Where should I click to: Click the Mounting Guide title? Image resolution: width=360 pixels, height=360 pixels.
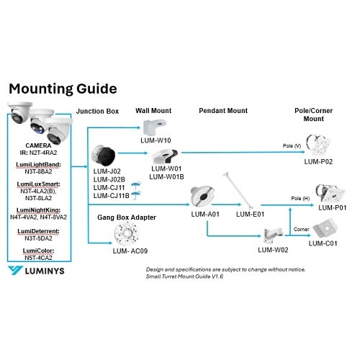point(63,89)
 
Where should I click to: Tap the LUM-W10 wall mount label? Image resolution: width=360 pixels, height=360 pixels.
point(156,140)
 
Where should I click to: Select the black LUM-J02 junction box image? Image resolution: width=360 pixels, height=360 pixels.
point(104,156)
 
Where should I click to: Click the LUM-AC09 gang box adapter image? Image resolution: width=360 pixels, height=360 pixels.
point(126,233)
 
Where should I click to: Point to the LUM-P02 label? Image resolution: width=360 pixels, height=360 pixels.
point(318,162)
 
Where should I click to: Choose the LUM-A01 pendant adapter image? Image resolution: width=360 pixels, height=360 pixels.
point(202,197)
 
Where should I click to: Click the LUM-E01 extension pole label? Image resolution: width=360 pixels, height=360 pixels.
point(250,214)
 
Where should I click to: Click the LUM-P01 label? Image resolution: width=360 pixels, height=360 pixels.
point(333,207)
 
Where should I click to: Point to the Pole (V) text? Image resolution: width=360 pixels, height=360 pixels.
point(292,145)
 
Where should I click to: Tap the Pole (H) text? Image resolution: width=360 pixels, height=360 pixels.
point(300,199)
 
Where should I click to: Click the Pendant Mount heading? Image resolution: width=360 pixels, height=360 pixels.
point(223,111)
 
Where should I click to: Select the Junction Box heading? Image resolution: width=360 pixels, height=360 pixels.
point(97,112)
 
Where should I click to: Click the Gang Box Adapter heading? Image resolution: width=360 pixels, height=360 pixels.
point(127,217)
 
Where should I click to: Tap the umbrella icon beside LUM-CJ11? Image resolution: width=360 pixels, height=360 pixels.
point(136,186)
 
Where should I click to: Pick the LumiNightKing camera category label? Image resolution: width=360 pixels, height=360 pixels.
point(38,210)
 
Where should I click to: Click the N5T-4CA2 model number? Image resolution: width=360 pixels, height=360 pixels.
point(38,258)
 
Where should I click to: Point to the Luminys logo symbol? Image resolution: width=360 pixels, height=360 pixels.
point(15,271)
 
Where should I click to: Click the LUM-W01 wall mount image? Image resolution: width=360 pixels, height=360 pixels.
point(165,156)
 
